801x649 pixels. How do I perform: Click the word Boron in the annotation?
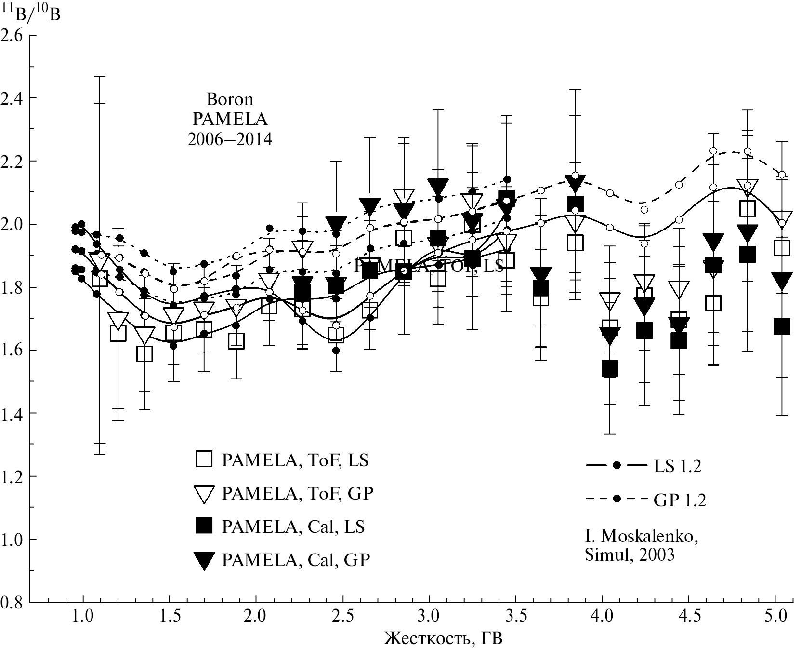[x=230, y=100]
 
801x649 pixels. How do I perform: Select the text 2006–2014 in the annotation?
[x=230, y=139]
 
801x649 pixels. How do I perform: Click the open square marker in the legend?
[x=204, y=460]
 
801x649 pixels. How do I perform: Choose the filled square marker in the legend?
[x=204, y=526]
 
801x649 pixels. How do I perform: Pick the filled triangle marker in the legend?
[x=204, y=561]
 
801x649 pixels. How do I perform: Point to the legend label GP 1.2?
[x=679, y=501]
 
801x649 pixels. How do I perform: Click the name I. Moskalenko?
[x=641, y=536]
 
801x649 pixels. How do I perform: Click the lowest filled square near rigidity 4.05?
[x=610, y=369]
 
